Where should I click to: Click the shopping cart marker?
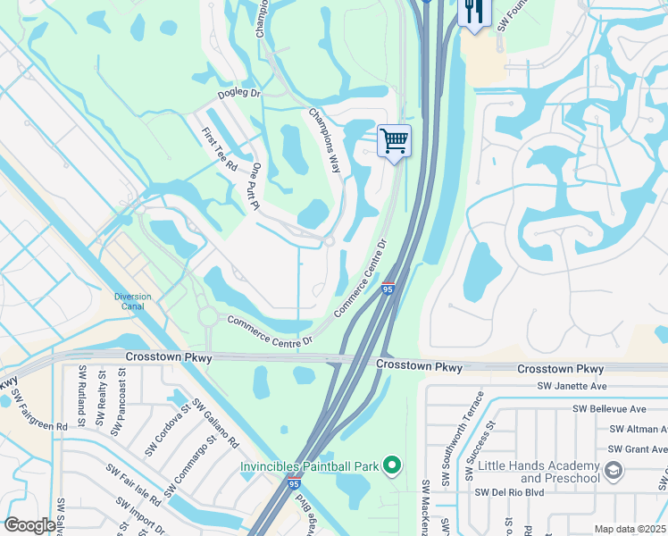(394, 141)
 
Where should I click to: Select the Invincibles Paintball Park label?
(309, 465)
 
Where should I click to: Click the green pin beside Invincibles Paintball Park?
(390, 465)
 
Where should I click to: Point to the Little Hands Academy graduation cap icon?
(614, 469)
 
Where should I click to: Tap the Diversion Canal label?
(133, 302)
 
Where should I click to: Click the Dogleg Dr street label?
(238, 93)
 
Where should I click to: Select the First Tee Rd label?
(219, 149)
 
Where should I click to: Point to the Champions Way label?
(325, 139)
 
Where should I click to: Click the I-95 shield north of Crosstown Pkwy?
(388, 289)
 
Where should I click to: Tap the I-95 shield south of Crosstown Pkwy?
(294, 483)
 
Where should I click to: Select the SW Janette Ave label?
(572, 386)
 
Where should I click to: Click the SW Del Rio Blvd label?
(510, 491)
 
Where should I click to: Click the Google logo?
(29, 525)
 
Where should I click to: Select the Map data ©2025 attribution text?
(629, 529)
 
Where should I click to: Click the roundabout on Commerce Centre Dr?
(207, 317)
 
